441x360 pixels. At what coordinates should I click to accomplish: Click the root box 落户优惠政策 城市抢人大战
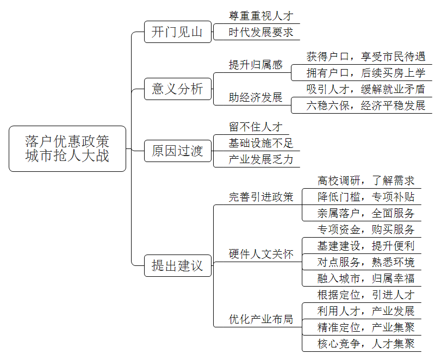coord(67,148)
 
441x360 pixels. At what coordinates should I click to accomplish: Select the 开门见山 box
coord(178,32)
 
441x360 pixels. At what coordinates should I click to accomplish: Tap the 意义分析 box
coord(178,89)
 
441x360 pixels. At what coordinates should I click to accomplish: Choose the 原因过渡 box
coord(178,151)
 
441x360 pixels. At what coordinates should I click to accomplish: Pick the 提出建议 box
coord(178,265)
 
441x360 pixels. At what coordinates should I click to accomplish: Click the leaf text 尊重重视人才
coord(261,16)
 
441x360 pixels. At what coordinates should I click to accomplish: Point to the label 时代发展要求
coord(261,32)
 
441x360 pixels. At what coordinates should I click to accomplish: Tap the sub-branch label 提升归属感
coord(256,65)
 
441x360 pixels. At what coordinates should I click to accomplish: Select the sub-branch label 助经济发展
coord(256,97)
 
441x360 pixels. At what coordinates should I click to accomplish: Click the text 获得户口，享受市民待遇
coord(365,57)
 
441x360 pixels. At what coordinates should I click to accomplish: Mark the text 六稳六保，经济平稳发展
coord(365,105)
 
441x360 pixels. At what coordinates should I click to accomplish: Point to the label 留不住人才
coord(256,127)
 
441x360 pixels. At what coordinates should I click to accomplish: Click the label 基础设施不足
coord(261,143)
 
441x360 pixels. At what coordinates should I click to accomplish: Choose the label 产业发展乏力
coord(261,159)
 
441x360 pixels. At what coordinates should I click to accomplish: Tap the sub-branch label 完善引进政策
coord(261,197)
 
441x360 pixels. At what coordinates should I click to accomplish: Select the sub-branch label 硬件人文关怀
coord(261,254)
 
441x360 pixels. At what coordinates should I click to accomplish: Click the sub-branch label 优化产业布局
coord(261,319)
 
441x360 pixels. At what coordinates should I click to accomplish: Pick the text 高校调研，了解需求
coord(366,181)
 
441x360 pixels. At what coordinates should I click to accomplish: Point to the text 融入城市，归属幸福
coord(366,278)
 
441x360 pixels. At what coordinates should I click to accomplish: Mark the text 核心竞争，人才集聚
coord(366,344)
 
